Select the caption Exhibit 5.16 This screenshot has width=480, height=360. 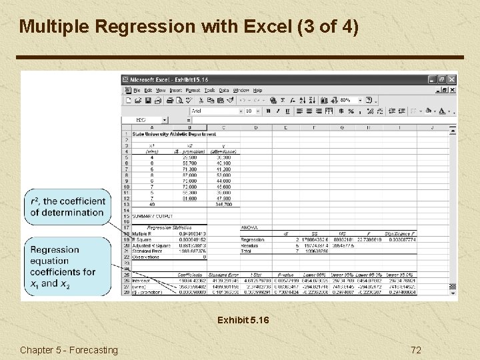(x=243, y=321)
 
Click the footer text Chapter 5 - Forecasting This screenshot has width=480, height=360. (x=69, y=350)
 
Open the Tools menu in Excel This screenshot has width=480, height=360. (x=209, y=90)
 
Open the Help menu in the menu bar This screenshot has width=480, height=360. (x=257, y=90)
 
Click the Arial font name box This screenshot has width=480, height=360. (x=213, y=111)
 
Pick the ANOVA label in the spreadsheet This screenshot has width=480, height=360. (x=249, y=227)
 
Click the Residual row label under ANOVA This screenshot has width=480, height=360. (x=251, y=245)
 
